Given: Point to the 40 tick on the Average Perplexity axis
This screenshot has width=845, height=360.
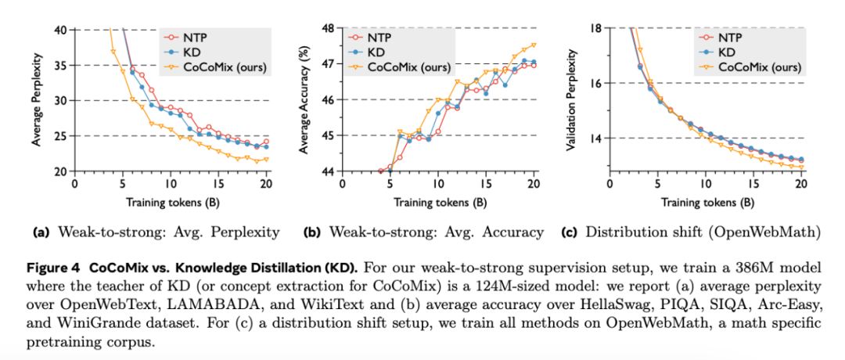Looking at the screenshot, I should [60, 30].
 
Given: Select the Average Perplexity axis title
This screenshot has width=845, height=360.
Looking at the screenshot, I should [37, 100].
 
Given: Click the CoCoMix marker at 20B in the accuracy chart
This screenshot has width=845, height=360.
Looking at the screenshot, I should [534, 45].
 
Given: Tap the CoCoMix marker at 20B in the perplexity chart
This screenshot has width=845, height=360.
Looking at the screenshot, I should [266, 160].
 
